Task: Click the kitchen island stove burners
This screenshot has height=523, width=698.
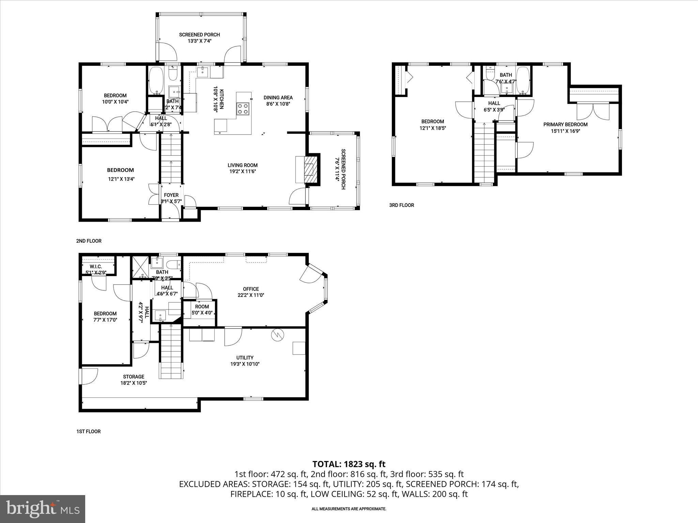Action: [x=243, y=109]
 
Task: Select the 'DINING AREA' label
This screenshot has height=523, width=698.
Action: [x=278, y=98]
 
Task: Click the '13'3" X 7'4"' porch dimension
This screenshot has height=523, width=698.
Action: [x=199, y=41]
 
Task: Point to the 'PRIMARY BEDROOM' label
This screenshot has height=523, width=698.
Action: [x=565, y=124]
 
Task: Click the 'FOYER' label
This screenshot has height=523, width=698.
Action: [x=171, y=195]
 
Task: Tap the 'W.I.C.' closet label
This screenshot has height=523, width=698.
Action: [x=96, y=266]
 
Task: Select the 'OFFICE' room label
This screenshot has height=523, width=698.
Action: [x=251, y=289]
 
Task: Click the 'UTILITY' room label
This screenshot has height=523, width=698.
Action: [x=245, y=358]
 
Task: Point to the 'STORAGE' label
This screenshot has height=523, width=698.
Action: [x=134, y=377]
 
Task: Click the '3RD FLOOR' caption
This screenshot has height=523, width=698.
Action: [x=401, y=205]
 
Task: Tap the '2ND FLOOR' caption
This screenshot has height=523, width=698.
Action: [x=89, y=241]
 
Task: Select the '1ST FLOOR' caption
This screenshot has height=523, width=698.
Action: [x=88, y=431]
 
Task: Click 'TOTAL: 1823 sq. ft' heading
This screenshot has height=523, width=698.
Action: [x=349, y=464]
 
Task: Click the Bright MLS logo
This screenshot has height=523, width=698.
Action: [x=43, y=509]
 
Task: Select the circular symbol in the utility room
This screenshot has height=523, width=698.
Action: [x=277, y=335]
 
